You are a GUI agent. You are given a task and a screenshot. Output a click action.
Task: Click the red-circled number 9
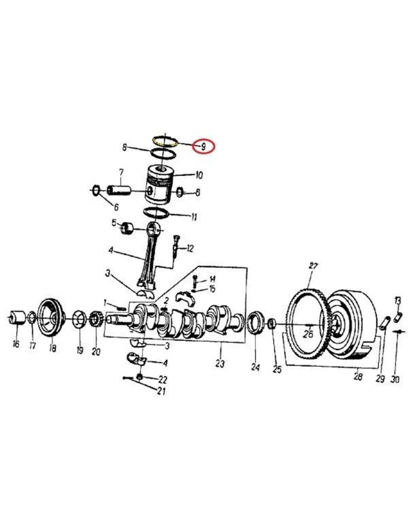(203, 147)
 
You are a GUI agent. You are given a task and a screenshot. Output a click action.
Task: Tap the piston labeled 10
(158, 184)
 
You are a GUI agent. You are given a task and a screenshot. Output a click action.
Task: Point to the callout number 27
(313, 266)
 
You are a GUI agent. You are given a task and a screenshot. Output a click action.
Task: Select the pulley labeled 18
(51, 317)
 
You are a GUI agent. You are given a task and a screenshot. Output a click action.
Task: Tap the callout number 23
(220, 364)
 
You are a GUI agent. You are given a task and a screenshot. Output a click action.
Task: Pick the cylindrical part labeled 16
(17, 317)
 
